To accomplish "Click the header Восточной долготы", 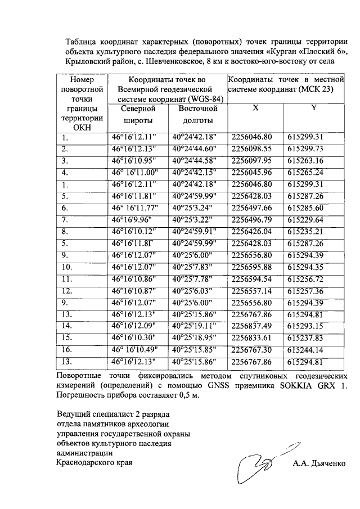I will tap(198, 114).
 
